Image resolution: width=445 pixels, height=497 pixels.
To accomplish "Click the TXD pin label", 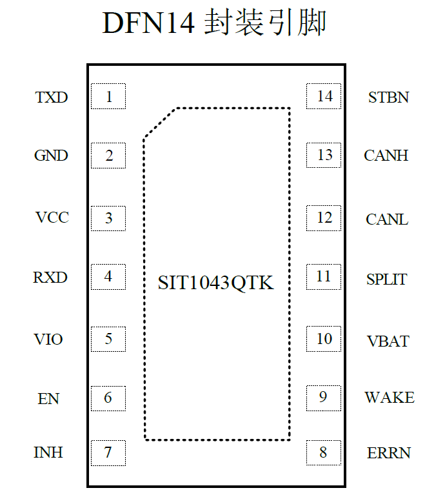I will click(x=52, y=97).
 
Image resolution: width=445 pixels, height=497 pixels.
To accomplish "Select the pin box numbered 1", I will click(x=108, y=97).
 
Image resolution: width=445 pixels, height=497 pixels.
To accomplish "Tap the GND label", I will click(x=51, y=156).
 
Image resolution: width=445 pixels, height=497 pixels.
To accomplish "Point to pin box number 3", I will click(x=108, y=218).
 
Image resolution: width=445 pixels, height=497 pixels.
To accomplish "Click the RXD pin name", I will click(x=50, y=278).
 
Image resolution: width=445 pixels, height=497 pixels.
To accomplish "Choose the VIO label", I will click(x=48, y=339).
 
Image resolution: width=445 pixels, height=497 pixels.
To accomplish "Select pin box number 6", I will click(x=108, y=398).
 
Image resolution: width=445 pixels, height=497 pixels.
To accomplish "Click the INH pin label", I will click(x=48, y=452).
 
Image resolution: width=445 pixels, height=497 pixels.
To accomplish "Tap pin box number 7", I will click(x=108, y=453).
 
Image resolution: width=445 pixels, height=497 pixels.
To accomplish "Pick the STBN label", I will click(x=388, y=97).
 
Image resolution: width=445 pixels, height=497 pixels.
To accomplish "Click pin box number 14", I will click(x=324, y=96).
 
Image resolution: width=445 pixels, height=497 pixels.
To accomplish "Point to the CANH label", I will click(x=386, y=156).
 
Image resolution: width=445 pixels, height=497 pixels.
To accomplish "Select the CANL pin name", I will click(x=387, y=219).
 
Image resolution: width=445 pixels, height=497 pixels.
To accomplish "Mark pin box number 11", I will click(x=324, y=277).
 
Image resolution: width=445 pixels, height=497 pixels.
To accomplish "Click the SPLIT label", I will click(x=387, y=279).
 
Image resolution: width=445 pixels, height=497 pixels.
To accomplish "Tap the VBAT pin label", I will click(x=388, y=341).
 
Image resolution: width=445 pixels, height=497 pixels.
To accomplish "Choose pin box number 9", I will click(x=324, y=397).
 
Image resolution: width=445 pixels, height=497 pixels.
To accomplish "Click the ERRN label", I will click(x=388, y=453).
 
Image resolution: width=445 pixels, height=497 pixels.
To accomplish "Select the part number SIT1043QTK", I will click(x=216, y=283).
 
